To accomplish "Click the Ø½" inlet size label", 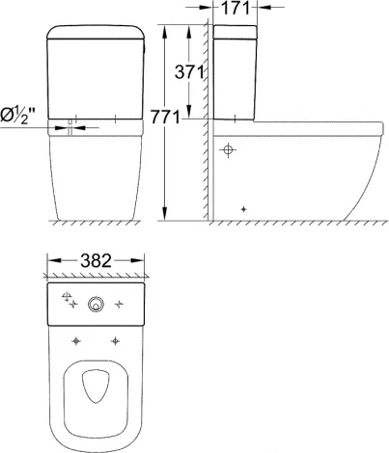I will coord(20,117).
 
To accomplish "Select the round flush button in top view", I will coord(95,306).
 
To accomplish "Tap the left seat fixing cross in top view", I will coord(74,340).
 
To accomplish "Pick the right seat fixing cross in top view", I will coord(116,340).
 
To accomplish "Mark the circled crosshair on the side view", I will coord(229,150).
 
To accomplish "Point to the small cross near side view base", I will coord(244,209).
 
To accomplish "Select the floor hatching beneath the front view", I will coord(95,225).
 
